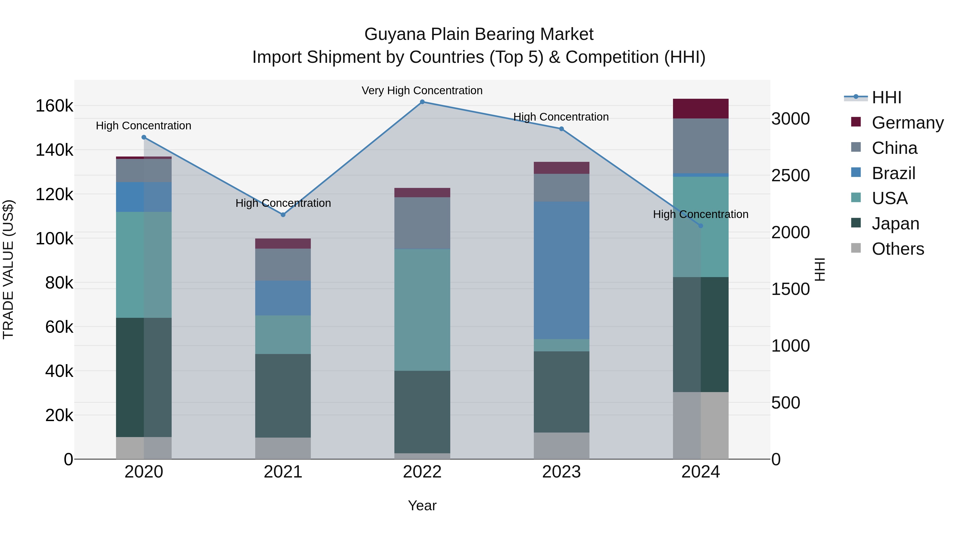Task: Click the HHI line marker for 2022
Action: pos(422,102)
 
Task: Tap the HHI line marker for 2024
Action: pos(701,226)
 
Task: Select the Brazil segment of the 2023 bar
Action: pos(561,270)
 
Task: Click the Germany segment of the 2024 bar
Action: pos(701,109)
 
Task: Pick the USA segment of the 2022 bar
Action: pos(422,310)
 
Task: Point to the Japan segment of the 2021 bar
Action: pos(283,396)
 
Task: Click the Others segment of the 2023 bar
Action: pos(561,446)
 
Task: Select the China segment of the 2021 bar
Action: pos(283,265)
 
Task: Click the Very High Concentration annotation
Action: pos(422,91)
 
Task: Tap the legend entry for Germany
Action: pos(907,123)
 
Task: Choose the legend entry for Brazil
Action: pos(893,173)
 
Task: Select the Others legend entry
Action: pos(898,249)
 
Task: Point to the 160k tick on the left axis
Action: pos(54,106)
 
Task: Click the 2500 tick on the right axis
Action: pos(790,176)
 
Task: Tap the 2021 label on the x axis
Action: pos(283,472)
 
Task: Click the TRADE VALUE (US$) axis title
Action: pos(9,269)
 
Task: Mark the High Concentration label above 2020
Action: pos(143,126)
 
